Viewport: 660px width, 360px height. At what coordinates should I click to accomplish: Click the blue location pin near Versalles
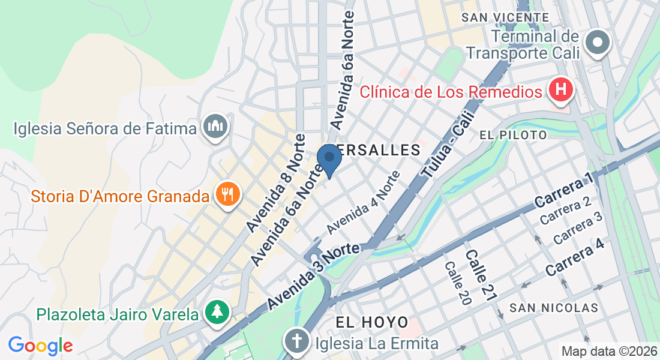pos(329,159)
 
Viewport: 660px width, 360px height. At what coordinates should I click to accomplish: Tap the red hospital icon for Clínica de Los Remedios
pos(562,91)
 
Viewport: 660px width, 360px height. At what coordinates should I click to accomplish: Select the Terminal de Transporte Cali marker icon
pos(598,43)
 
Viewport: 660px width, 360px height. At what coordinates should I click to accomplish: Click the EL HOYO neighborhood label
pos(372,322)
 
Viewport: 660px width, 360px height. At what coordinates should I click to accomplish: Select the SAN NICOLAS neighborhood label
pos(553,308)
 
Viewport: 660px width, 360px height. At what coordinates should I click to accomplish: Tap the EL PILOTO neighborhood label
pos(514,135)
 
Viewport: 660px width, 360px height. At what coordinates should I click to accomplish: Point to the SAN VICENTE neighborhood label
pos(505,17)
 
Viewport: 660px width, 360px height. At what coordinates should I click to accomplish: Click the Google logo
pos(40,346)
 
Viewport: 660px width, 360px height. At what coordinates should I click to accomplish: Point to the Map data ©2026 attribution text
pos(608,351)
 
